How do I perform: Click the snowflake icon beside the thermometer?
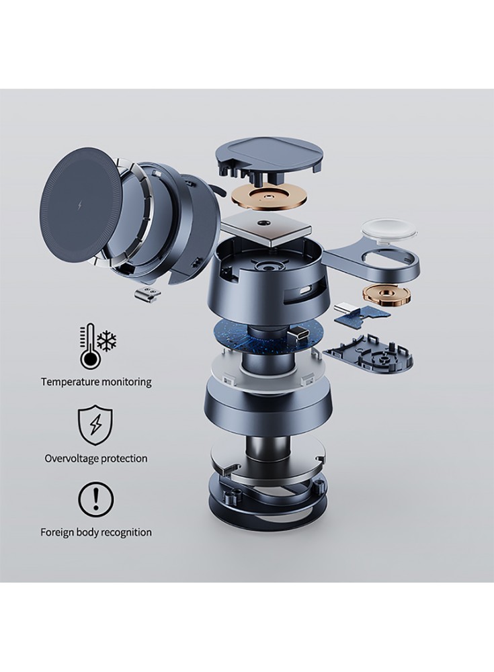[107, 340]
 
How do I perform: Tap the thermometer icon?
[88, 346]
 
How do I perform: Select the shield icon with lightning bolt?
[95, 425]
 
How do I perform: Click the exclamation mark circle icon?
[95, 499]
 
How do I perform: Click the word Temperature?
[70, 382]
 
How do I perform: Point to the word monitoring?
[126, 382]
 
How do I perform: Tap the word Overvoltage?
[72, 458]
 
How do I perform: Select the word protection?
[124, 458]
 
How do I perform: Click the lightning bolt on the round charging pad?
[80, 205]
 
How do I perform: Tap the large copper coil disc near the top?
[270, 197]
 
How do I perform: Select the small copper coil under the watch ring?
[386, 294]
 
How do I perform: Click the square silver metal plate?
[267, 229]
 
